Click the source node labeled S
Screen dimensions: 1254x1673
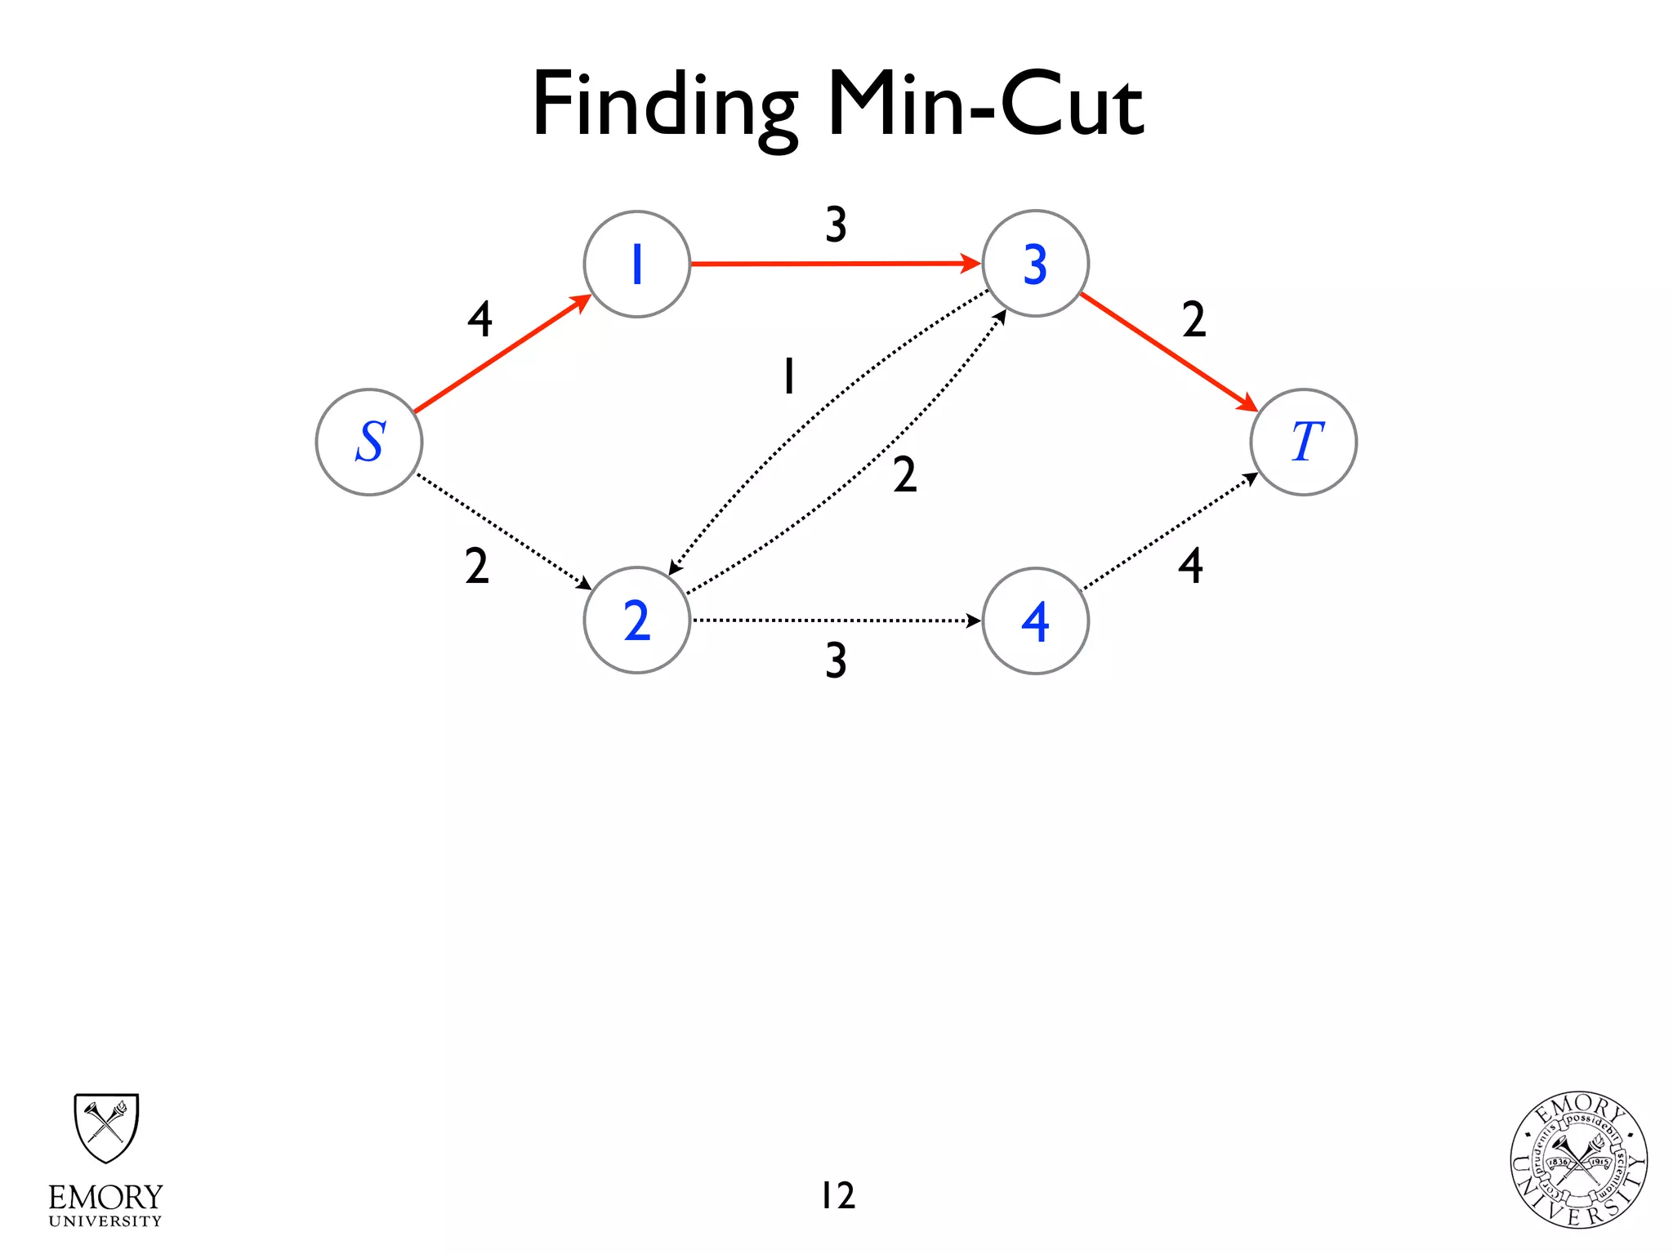pyautogui.click(x=369, y=442)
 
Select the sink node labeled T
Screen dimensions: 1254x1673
pyautogui.click(x=1303, y=442)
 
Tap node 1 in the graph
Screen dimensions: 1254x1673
pyautogui.click(x=637, y=264)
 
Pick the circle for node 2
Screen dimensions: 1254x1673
pyautogui.click(x=637, y=620)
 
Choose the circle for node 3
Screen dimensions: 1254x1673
pyautogui.click(x=1035, y=264)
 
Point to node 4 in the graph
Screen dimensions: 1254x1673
pyautogui.click(x=1035, y=620)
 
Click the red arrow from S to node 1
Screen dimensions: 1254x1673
pyautogui.click(x=502, y=354)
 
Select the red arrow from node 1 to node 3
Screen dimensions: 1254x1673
pyautogui.click(x=835, y=264)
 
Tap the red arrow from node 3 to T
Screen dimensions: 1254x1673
pyautogui.click(x=1168, y=352)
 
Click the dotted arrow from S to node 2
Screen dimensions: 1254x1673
pyautogui.click(x=502, y=531)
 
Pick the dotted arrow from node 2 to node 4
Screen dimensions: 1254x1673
pyautogui.click(x=835, y=620)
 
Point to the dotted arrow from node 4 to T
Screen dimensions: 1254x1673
pyautogui.click(x=1170, y=531)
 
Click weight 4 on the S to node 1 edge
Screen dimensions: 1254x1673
pyautogui.click(x=480, y=318)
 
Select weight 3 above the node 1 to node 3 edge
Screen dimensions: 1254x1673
pyautogui.click(x=835, y=224)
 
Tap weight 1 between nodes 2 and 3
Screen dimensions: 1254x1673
pyautogui.click(x=788, y=376)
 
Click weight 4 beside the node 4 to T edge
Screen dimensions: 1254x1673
pyautogui.click(x=1190, y=565)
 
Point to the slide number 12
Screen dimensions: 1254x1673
pyautogui.click(x=837, y=1195)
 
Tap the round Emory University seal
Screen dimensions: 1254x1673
pyautogui.click(x=1578, y=1160)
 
